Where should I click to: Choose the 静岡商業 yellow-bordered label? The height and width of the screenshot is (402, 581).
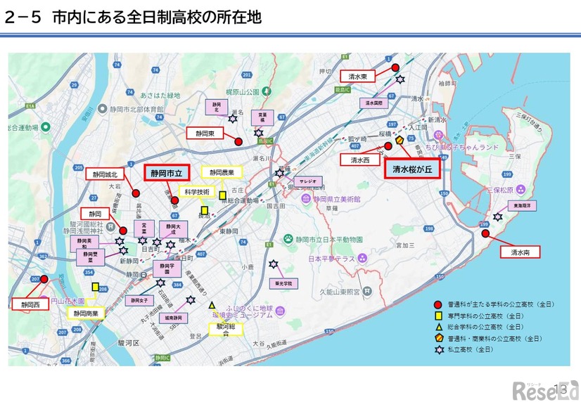click(85, 313)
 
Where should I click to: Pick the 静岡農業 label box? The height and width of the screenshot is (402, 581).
click(221, 172)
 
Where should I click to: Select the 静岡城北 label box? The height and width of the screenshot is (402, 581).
click(104, 174)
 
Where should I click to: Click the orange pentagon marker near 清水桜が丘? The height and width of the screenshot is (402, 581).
click(400, 141)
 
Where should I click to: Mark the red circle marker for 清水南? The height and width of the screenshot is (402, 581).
click(485, 233)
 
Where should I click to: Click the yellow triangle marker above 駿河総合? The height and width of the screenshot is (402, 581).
click(211, 306)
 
